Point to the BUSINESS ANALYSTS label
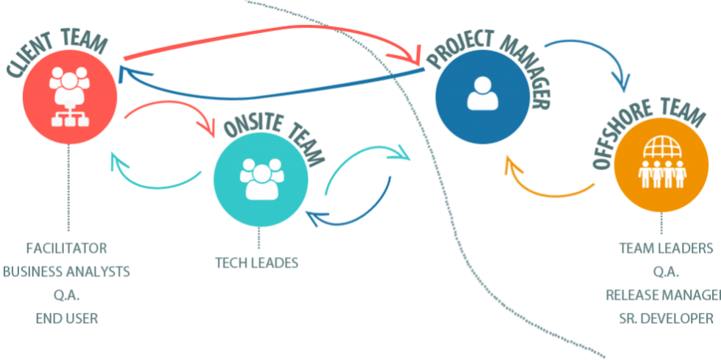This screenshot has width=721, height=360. [66, 272]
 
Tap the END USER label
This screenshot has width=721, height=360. [66, 319]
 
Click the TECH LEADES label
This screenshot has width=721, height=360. [257, 263]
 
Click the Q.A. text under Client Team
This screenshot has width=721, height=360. [66, 295]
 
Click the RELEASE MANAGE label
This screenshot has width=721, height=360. [663, 295]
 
